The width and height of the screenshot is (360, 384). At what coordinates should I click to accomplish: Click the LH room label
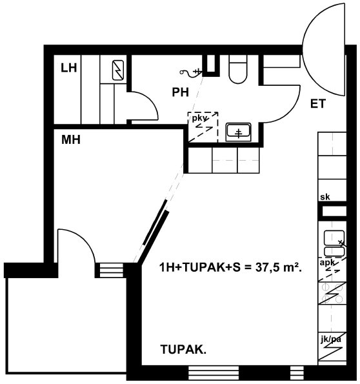[x=69, y=68]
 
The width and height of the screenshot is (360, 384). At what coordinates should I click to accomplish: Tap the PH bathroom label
[x=181, y=92]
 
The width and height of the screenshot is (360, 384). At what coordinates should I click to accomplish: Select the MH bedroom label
[x=71, y=140]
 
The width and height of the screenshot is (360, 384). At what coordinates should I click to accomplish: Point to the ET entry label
[x=318, y=104]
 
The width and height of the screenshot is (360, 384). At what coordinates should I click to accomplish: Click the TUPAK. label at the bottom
[x=183, y=349]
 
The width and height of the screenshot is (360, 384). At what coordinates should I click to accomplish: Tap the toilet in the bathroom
[x=237, y=69]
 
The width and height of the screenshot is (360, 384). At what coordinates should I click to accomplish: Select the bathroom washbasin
[x=238, y=132]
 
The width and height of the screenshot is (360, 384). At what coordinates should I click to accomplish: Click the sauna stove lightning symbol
[x=118, y=70]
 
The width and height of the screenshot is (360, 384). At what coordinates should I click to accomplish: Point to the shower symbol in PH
[x=191, y=72]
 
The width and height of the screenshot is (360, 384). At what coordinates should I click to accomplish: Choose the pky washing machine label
[x=199, y=119]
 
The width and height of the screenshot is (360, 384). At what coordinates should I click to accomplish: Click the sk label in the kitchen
[x=325, y=197]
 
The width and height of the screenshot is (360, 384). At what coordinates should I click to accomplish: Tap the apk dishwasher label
[x=328, y=263]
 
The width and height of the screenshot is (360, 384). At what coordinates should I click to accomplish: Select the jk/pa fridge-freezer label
[x=331, y=339]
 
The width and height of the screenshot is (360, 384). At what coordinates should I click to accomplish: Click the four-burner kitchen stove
[x=332, y=293]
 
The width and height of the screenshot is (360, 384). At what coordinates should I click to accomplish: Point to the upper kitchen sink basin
[x=334, y=237]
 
